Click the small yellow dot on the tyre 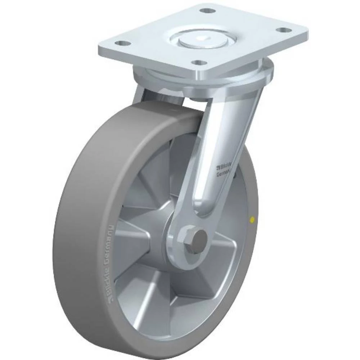click(x=252, y=219)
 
